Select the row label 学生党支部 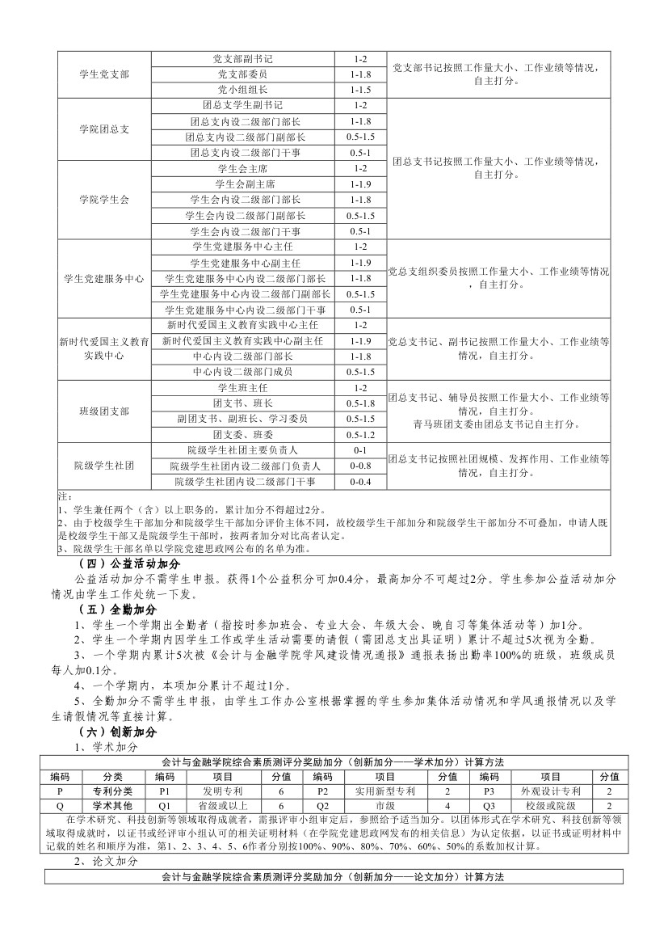pos(104,74)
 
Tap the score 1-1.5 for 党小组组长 pos(360,90)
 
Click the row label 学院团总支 pos(104,129)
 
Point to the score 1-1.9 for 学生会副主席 pos(360,184)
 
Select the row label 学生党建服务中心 pos(104,278)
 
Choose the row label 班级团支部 pos(104,411)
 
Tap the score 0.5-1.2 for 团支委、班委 pos(360,435)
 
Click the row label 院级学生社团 pos(104,466)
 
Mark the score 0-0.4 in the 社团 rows pos(360,482)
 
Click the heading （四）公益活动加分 pos(128,563)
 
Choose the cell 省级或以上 pos(217,806)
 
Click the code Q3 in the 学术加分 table pos(489,806)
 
